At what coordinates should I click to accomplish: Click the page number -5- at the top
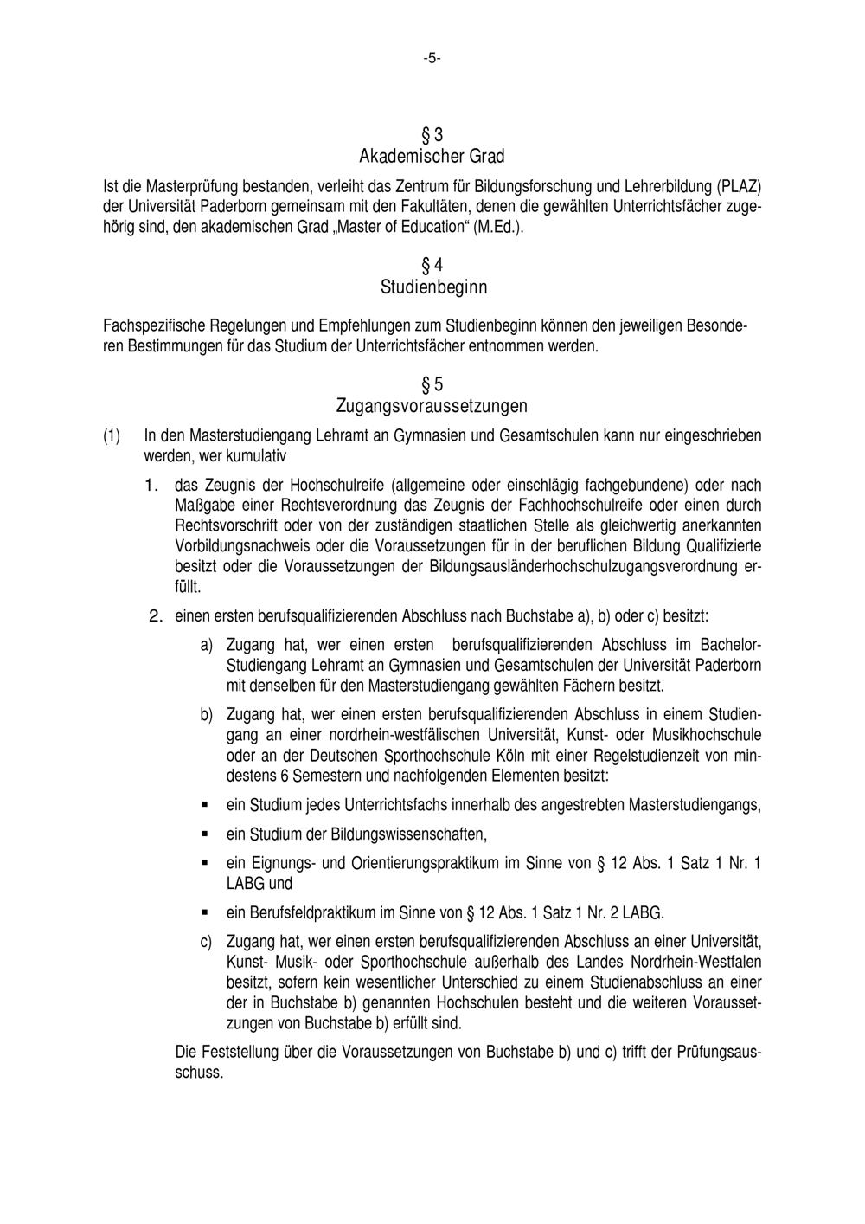pos(432,58)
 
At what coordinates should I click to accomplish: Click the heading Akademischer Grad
pos(432,157)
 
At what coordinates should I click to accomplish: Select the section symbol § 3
pos(432,135)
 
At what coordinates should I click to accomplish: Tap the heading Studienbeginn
pos(432,287)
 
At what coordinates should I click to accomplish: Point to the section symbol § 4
pos(432,265)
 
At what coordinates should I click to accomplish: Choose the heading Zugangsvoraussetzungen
pos(432,406)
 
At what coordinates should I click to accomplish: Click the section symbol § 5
pos(432,384)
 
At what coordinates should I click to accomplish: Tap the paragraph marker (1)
pos(112,435)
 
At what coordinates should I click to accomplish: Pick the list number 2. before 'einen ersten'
pos(156,616)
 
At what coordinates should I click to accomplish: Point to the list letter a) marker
pos(206,646)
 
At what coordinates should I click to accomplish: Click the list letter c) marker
pos(206,941)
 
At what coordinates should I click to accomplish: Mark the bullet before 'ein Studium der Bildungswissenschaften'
pos(205,834)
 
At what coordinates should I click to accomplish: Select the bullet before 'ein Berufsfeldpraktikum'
pos(205,912)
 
